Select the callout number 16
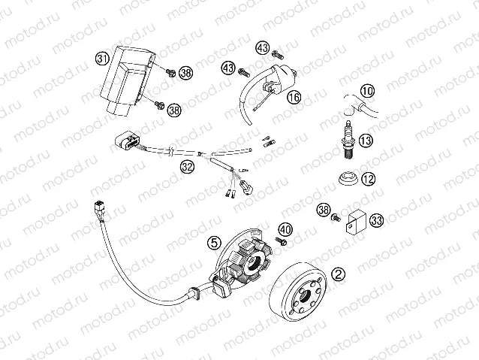293,98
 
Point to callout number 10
366,92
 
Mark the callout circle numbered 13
366,141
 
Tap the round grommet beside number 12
348,180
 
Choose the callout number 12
367,179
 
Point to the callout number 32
187,167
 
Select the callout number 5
215,243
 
